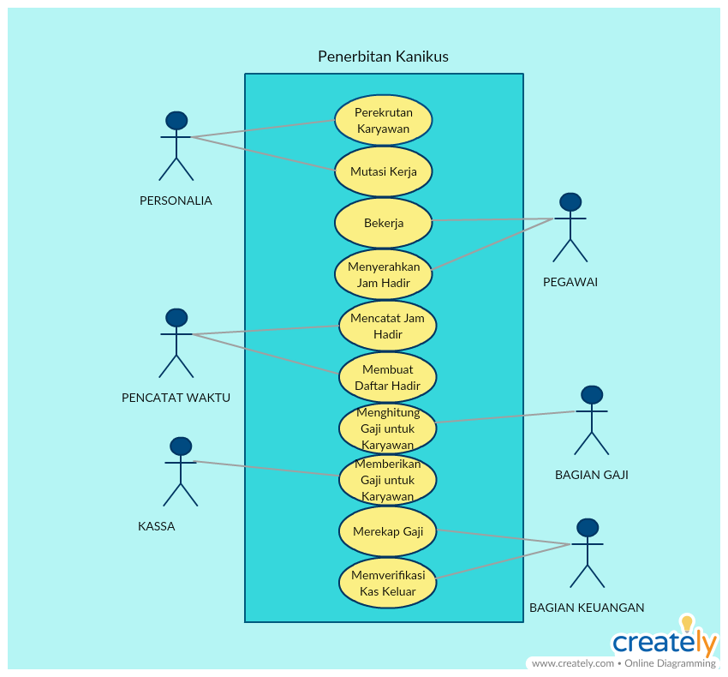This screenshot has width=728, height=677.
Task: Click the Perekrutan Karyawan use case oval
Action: point(383,120)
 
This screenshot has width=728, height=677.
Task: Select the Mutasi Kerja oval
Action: point(383,171)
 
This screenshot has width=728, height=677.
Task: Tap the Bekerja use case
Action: point(383,223)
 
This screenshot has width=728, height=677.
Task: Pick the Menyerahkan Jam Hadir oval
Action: point(383,274)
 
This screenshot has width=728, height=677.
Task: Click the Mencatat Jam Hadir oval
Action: point(387,326)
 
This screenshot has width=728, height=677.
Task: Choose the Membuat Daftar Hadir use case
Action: point(387,377)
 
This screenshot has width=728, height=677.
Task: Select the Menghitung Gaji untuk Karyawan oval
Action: point(387,428)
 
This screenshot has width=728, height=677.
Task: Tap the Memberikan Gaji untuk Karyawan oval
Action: point(387,480)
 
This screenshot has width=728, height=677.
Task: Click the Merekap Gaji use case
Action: point(387,531)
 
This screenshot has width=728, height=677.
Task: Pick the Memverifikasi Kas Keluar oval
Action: point(387,583)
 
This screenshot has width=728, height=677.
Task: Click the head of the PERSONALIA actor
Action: point(176,121)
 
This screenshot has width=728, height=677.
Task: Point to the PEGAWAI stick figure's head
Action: point(570,202)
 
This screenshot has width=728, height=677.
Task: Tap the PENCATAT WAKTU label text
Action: point(176,398)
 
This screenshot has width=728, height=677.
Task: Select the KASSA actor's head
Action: point(181,446)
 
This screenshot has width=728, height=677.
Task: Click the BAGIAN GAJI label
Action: point(591,475)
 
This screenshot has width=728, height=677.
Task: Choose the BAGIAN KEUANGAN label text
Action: point(587,608)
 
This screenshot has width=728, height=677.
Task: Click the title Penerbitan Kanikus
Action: point(383,57)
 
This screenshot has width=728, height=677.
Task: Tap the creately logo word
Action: point(664,642)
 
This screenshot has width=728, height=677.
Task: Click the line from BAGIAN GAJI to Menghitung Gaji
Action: point(505,416)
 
